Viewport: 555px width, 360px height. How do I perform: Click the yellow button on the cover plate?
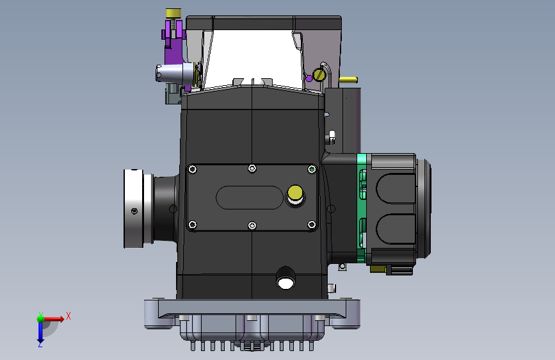point(295,193)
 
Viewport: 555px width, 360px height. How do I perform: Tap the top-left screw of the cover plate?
point(193,169)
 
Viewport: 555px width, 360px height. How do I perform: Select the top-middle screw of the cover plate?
point(252,168)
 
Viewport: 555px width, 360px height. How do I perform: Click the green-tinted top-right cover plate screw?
point(312,169)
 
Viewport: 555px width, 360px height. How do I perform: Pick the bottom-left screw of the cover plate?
point(193,225)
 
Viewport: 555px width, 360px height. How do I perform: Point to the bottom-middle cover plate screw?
point(252,225)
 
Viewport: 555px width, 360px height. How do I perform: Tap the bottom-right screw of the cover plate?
point(312,225)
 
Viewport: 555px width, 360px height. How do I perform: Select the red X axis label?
point(68,316)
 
